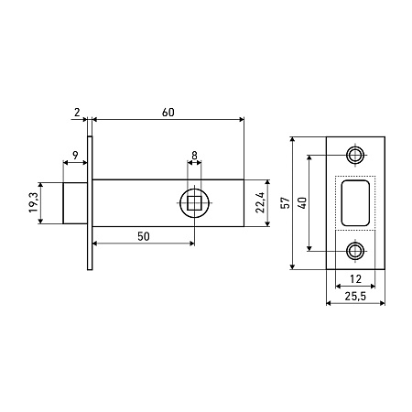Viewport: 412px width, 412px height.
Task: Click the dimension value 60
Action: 168,113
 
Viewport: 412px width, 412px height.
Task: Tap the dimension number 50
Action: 144,236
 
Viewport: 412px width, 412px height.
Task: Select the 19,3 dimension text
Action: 33,202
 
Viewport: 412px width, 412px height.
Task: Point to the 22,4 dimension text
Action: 260,203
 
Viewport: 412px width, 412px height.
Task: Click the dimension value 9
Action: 75,155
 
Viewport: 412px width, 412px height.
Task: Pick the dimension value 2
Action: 77,113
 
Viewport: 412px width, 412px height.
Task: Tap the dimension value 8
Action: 194,156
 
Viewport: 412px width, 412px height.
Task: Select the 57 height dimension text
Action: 286,203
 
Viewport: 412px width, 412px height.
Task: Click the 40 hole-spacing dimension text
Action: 303,203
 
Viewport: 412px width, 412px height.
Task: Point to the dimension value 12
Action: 355,279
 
